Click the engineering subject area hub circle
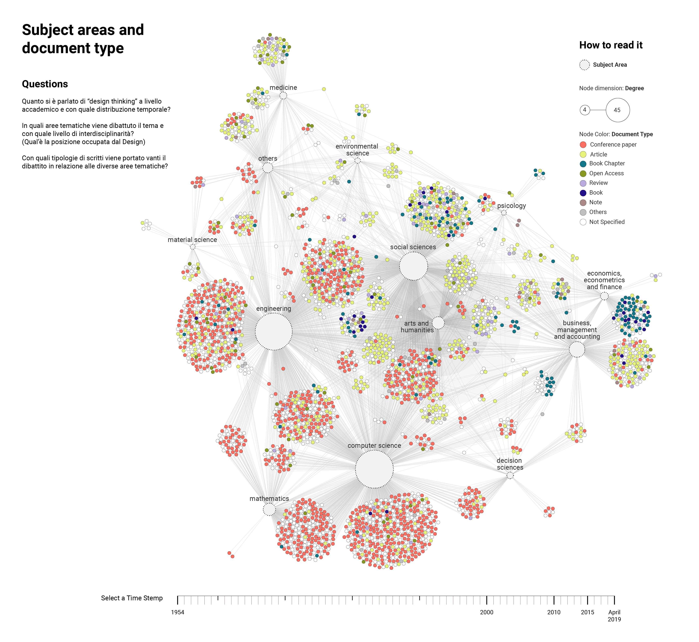pos(274,331)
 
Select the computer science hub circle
pos(374,469)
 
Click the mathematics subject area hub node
pos(269,510)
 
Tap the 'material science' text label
pos(192,240)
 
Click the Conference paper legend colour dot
pos(583,144)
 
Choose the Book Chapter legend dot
pos(583,164)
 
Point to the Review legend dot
pos(583,183)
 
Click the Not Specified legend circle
pos(583,222)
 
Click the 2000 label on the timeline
pos(486,612)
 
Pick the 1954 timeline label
pos(177,612)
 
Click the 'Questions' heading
pos(45,84)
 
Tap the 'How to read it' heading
pos(611,45)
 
